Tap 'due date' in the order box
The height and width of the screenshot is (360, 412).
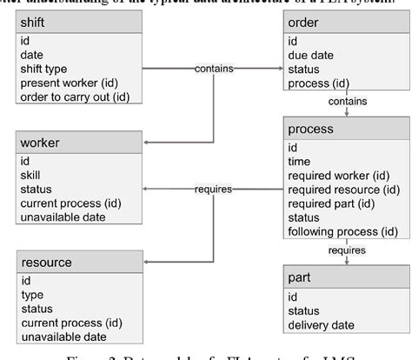pos(311,55)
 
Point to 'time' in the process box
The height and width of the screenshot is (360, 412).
pos(300,162)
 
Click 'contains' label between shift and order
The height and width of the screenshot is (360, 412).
pos(213,68)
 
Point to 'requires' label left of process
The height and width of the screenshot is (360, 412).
pos(212,189)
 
